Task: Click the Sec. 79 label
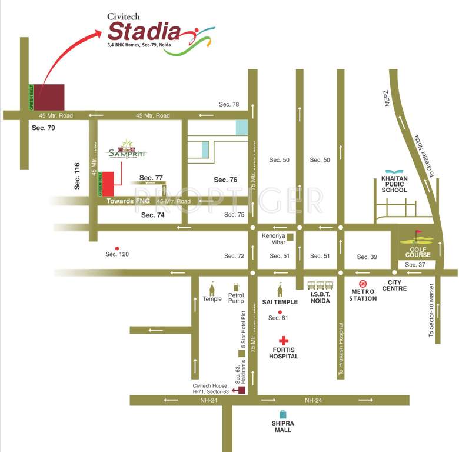[43, 128]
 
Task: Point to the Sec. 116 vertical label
[76, 175]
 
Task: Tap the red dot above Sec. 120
[117, 248]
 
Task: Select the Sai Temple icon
[281, 290]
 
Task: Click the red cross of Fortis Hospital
[284, 341]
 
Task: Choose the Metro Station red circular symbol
[363, 283]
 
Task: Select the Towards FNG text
[128, 201]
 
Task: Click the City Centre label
[394, 285]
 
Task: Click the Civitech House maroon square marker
[242, 390]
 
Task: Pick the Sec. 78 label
[229, 104]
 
